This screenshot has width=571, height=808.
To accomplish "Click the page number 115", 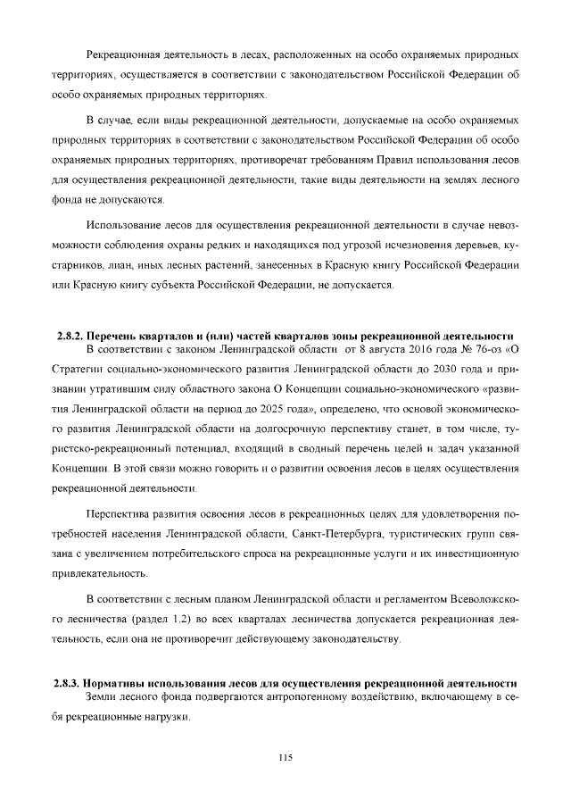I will (285, 758).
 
